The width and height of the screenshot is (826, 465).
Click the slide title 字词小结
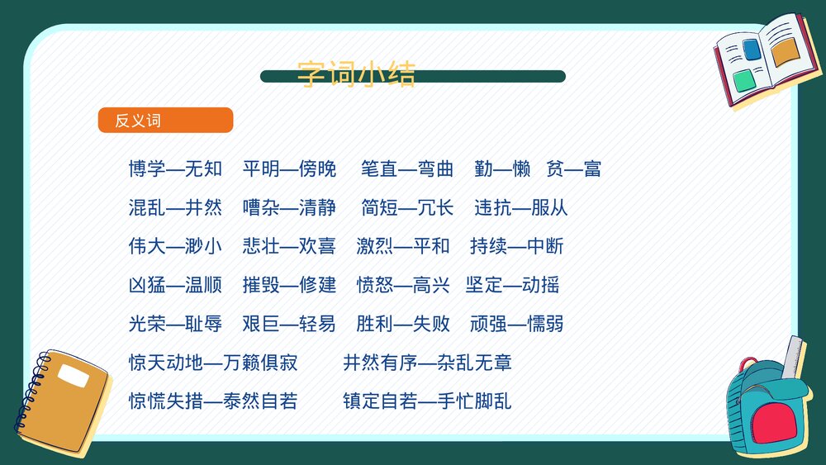(356, 74)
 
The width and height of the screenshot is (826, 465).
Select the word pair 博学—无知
(175, 169)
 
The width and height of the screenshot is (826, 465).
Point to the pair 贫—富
(573, 169)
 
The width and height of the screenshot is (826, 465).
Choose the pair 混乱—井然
(175, 207)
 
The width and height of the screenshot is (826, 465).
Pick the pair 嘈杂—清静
(289, 207)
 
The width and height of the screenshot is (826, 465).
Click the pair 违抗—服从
(521, 207)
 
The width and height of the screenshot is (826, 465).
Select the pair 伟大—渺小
(175, 245)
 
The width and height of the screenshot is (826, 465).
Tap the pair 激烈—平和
(403, 245)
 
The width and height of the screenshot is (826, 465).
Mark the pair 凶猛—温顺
(175, 285)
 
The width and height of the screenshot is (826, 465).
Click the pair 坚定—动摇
(512, 285)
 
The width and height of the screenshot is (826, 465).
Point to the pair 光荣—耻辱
(175, 323)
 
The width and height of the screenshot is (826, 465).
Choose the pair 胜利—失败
(403, 323)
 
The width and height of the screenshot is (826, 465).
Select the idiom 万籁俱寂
(260, 363)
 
